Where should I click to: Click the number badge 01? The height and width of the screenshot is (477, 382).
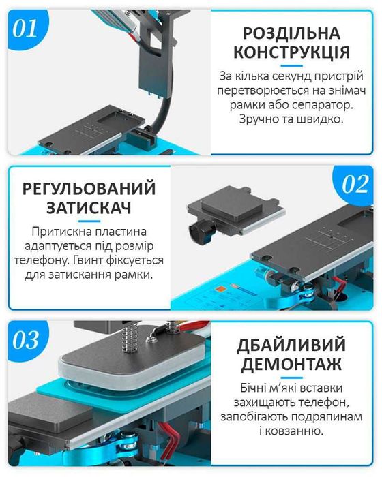coord(27,29)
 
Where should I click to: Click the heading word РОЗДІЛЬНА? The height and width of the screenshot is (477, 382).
coord(291,33)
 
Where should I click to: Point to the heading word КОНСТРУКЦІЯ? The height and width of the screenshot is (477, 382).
coord(291,52)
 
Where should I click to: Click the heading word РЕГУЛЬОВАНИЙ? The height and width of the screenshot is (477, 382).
coord(89,188)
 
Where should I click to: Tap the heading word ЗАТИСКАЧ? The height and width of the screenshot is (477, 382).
coord(89,208)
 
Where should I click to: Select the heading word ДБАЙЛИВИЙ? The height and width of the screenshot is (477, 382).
coord(293,344)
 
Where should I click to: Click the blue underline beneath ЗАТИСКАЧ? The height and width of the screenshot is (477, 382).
coord(89,221)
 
